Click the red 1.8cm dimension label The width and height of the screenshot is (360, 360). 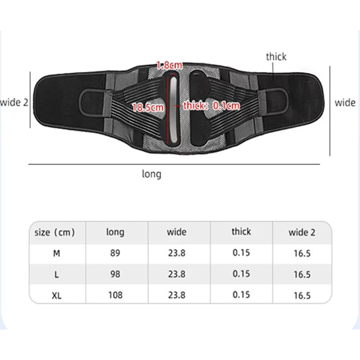pyautogui.click(x=170, y=65)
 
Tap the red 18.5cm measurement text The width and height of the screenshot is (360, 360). pyautogui.click(x=148, y=107)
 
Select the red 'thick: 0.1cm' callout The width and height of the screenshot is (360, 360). pyautogui.click(x=211, y=106)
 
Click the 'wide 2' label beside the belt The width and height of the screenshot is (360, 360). pyautogui.click(x=14, y=103)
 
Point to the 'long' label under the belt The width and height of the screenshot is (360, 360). pyautogui.click(x=152, y=174)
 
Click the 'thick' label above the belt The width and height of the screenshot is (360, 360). pyautogui.click(x=276, y=57)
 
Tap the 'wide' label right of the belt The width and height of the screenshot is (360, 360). pyautogui.click(x=345, y=103)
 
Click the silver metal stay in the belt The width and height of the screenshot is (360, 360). pyautogui.click(x=174, y=110)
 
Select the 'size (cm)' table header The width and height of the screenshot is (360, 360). pyautogui.click(x=54, y=232)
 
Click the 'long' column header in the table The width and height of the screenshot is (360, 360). pyautogui.click(x=115, y=232)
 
